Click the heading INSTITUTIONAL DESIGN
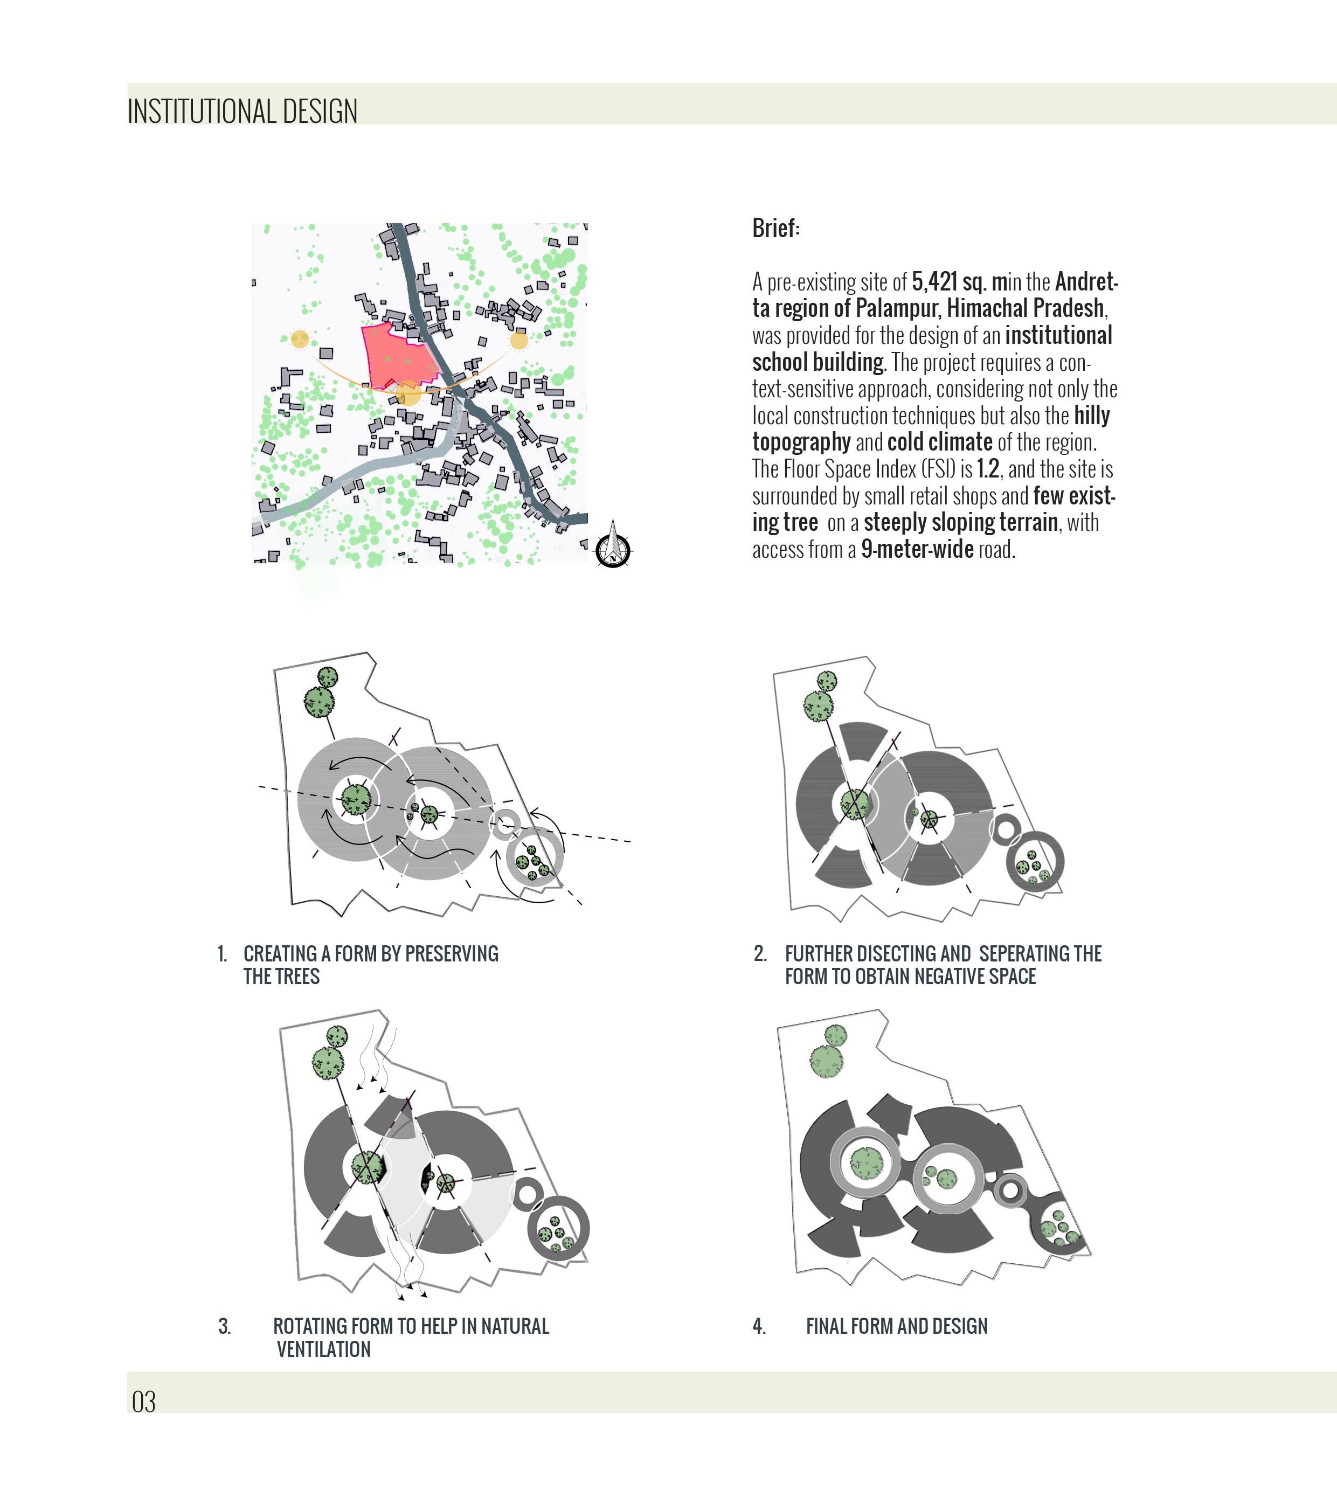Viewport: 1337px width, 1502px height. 243,112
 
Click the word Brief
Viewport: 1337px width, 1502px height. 775,229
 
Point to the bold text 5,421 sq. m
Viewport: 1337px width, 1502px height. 959,282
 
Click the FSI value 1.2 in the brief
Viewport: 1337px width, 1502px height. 987,469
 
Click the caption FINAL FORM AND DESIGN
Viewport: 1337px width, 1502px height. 896,1326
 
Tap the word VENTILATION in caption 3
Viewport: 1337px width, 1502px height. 323,1349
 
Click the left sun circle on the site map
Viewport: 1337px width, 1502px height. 300,339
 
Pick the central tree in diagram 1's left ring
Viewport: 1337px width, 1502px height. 356,799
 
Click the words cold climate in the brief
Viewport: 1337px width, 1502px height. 940,442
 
